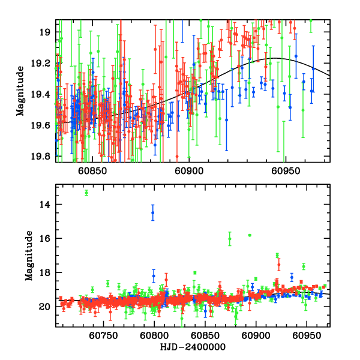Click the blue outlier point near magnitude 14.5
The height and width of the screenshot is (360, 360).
[153, 212]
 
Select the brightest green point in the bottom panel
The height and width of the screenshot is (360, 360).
[86, 193]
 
